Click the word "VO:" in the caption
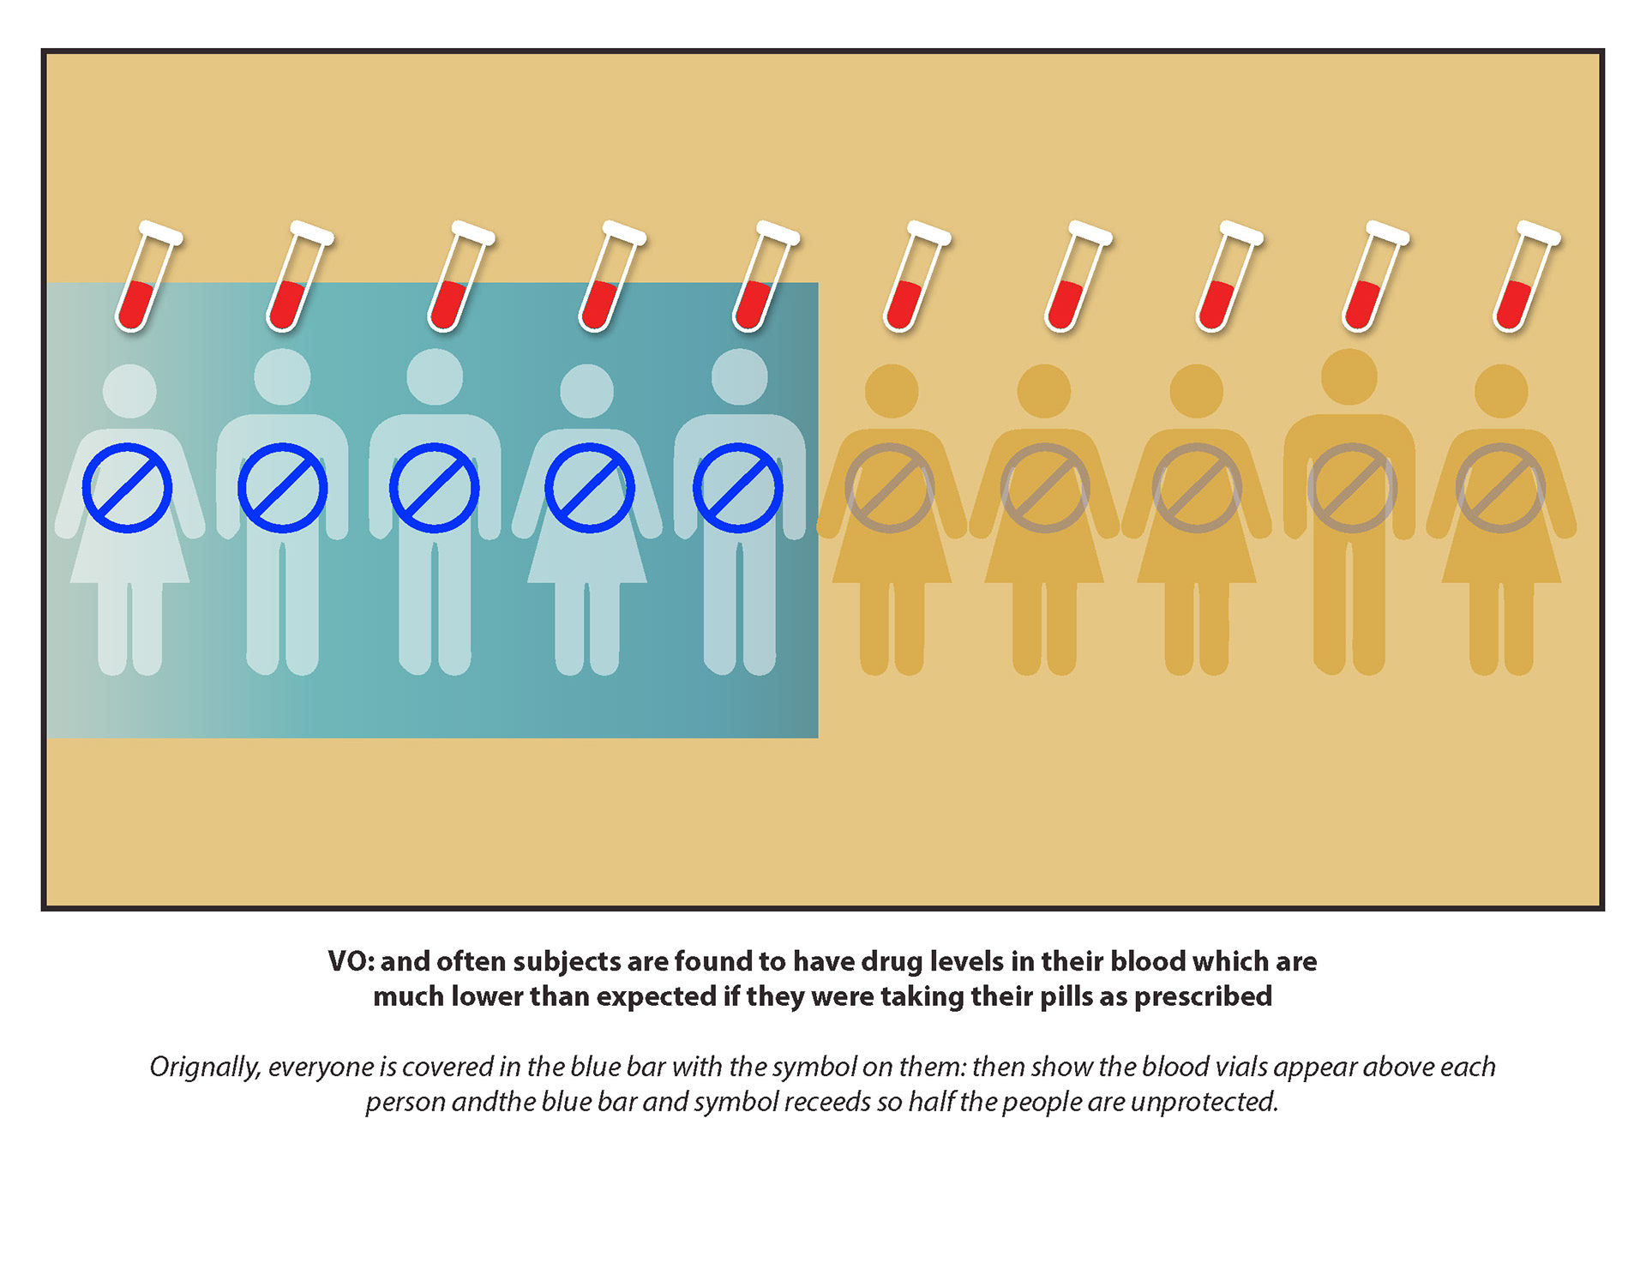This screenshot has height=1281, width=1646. [351, 961]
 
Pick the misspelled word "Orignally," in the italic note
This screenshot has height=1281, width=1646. [205, 1067]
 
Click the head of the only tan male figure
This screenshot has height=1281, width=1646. [1349, 376]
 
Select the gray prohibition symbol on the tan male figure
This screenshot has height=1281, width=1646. [1352, 488]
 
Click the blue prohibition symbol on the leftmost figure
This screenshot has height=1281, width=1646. [128, 488]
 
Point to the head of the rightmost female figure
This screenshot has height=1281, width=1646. [1500, 391]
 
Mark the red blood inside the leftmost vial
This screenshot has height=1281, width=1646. [136, 305]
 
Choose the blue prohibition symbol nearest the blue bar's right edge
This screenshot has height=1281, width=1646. [737, 488]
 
